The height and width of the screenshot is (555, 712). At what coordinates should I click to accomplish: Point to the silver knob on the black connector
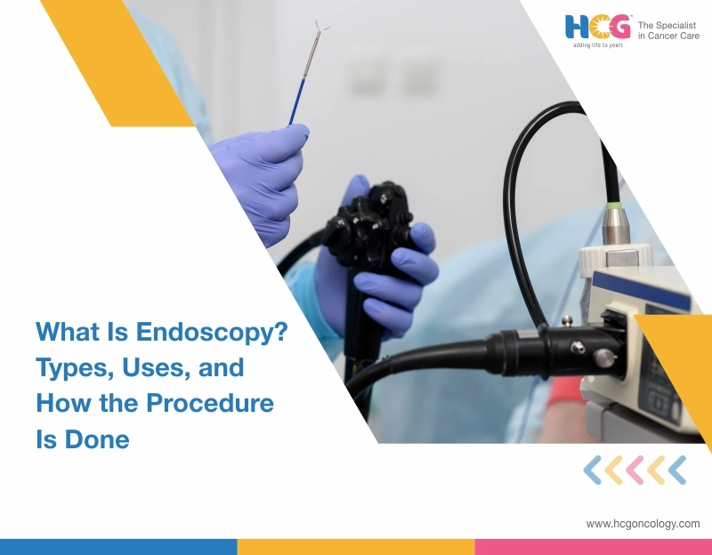[603, 358]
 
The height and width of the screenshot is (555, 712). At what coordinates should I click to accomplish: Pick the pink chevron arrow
[635, 470]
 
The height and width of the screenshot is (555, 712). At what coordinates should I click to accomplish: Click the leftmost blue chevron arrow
[593, 470]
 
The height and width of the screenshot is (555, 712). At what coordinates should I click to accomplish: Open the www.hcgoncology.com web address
[643, 524]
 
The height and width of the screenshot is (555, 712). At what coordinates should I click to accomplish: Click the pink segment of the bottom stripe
[593, 546]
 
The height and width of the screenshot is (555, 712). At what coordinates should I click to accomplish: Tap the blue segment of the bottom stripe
[118, 546]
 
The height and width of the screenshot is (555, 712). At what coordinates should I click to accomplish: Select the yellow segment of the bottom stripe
[356, 546]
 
